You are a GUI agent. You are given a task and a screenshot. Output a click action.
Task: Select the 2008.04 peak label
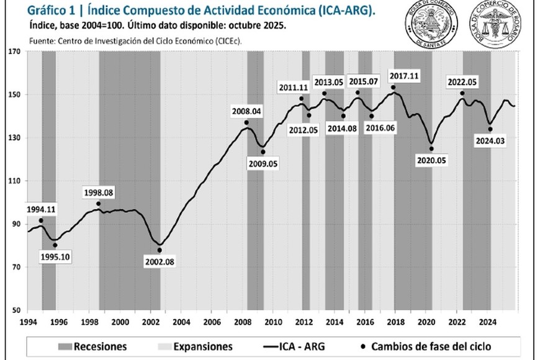(x=247, y=112)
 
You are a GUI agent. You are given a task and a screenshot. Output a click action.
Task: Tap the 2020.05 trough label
(x=431, y=160)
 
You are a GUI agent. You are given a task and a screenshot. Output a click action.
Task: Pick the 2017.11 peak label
(x=405, y=76)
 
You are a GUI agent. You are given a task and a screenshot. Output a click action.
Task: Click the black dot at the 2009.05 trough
(x=263, y=152)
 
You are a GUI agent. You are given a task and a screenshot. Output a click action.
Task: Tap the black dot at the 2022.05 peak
(x=462, y=94)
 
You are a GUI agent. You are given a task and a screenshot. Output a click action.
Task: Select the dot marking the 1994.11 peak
(x=41, y=220)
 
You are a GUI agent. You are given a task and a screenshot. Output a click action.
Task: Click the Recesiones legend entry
(x=93, y=346)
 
